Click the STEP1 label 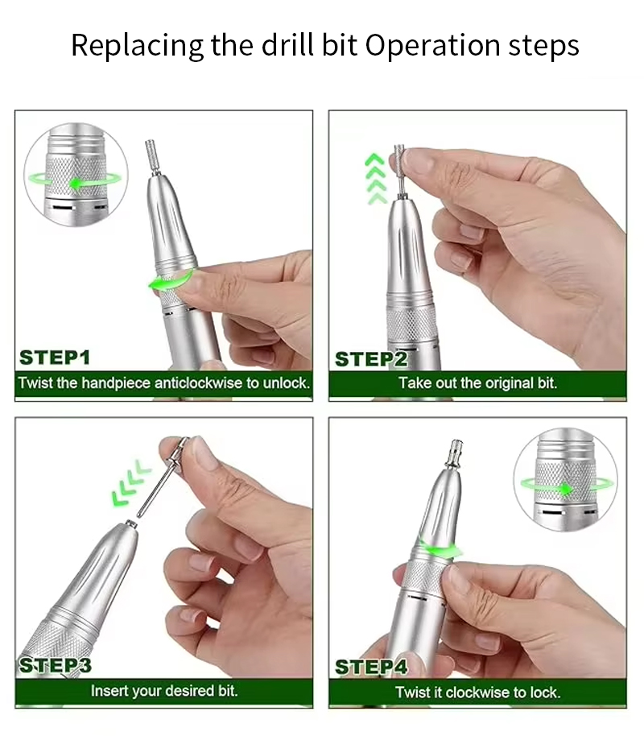tap(55, 358)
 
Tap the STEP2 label tap(371, 360)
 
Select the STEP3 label tap(55, 666)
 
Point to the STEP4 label tap(371, 667)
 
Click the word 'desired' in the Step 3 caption tap(190, 690)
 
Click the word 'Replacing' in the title tap(137, 46)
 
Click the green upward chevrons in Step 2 tap(376, 179)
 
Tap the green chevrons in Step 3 tap(131, 482)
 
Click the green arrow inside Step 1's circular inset tap(75, 180)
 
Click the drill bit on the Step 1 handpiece tap(152, 158)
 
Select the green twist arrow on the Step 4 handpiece tap(440, 548)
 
